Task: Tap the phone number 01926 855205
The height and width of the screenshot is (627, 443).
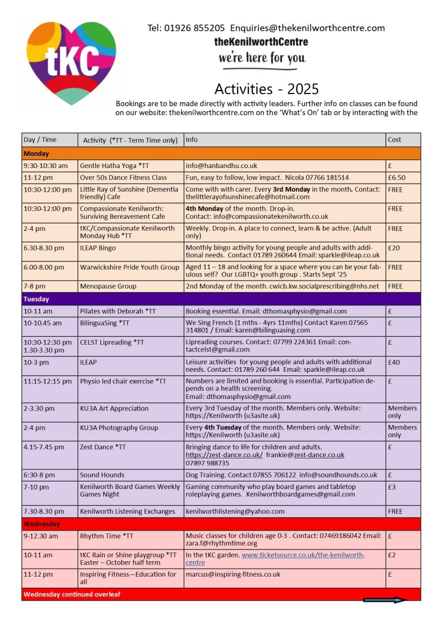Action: click(x=196, y=28)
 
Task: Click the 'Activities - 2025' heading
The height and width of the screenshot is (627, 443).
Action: click(x=266, y=89)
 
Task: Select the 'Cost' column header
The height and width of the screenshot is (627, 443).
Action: click(x=395, y=140)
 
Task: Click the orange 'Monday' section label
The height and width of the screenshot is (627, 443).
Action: click(x=36, y=154)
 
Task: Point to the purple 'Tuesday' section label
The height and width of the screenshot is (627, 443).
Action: click(x=36, y=299)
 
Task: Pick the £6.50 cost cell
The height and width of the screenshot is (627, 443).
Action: click(x=396, y=177)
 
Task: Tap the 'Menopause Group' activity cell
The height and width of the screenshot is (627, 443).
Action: click(x=108, y=286)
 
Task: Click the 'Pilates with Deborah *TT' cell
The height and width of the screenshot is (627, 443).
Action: click(x=118, y=311)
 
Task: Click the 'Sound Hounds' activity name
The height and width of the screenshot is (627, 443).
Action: click(x=102, y=475)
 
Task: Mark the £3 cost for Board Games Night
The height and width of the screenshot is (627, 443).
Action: click(x=392, y=487)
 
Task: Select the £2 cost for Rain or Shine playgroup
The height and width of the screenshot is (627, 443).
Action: click(x=392, y=555)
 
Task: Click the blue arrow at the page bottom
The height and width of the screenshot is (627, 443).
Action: click(x=384, y=600)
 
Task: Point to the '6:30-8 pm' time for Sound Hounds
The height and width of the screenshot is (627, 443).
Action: click(x=39, y=475)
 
